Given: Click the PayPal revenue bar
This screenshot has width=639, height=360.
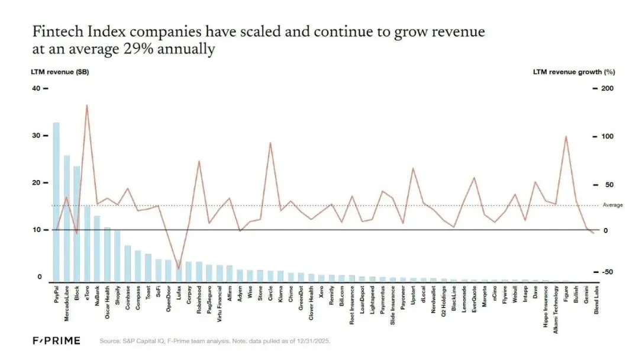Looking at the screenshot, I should click(56, 201).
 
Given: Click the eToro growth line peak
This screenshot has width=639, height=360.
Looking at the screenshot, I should click(87, 105).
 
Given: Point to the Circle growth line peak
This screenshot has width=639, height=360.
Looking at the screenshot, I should click(270, 143).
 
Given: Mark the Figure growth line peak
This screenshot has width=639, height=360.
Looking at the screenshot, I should click(566, 137).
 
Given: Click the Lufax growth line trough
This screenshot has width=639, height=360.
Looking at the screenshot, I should click(178, 269).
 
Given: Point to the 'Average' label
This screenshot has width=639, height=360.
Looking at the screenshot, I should click(612, 205).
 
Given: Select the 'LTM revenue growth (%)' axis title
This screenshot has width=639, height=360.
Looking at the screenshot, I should click(573, 72).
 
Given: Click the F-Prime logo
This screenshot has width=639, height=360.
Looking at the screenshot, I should click(56, 341).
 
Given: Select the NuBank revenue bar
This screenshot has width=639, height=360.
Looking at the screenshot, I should click(97, 248).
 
